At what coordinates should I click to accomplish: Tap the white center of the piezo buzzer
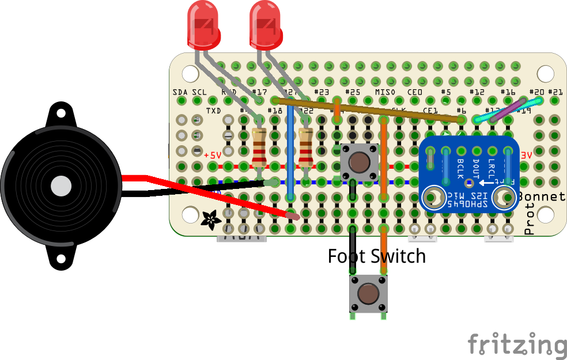pyautogui.click(x=61, y=186)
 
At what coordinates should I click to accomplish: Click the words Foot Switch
pyautogui.click(x=376, y=255)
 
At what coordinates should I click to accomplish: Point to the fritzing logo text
pyautogui.click(x=516, y=344)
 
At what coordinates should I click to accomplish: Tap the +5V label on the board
pyautogui.click(x=212, y=156)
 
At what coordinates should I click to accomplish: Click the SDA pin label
pyautogui.click(x=180, y=92)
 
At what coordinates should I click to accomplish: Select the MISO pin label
pyautogui.click(x=384, y=92)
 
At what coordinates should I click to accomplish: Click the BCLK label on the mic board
pyautogui.click(x=460, y=168)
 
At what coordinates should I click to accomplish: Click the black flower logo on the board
pyautogui.click(x=210, y=219)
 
